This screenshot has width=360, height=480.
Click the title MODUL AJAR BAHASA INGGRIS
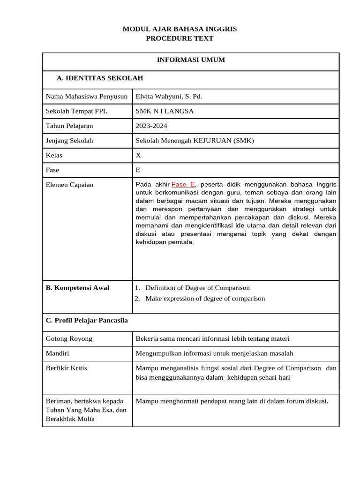(x=180, y=29)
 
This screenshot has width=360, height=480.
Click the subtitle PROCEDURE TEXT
(x=180, y=38)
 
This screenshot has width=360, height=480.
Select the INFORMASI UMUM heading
(x=190, y=60)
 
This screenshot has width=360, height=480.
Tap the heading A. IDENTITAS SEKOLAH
(x=99, y=78)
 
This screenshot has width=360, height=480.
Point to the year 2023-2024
(x=151, y=126)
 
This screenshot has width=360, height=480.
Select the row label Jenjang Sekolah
(x=69, y=140)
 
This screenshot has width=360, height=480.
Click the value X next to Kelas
(x=138, y=155)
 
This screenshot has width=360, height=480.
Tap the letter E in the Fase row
(x=138, y=170)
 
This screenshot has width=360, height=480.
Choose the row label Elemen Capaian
(x=69, y=185)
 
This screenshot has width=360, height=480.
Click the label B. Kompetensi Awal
(x=77, y=288)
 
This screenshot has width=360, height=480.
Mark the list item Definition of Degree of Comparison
(x=197, y=288)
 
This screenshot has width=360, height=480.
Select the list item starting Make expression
(x=205, y=299)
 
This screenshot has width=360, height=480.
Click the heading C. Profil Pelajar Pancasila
(x=87, y=321)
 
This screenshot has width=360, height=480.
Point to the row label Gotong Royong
(x=69, y=338)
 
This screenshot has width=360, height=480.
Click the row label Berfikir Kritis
(x=66, y=368)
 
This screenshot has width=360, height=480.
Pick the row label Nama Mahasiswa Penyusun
(x=87, y=97)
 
